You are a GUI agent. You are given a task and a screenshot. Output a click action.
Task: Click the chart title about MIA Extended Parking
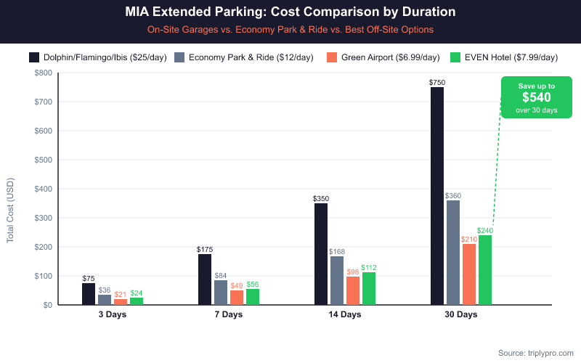coord(290,13)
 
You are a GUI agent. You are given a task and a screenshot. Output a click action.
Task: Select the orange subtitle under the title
coord(290,30)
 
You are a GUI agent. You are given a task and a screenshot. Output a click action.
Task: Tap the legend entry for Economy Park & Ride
coord(244,57)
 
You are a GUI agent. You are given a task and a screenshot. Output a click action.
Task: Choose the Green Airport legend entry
coord(383,57)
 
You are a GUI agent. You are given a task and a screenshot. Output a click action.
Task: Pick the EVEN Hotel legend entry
coord(505,57)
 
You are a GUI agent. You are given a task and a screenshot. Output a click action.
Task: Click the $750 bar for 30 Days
coord(437,196)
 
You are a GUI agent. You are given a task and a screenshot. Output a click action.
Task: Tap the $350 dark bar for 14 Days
coord(321,254)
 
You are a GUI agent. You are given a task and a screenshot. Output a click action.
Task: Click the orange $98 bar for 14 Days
coord(353,290)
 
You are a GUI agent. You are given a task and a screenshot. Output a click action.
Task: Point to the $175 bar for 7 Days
coord(205,280)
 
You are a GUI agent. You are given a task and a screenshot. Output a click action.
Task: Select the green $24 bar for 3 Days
coord(137,301)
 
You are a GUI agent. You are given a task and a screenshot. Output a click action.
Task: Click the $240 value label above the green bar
coord(485,230)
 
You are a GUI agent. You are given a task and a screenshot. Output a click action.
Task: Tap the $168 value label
coord(337,251)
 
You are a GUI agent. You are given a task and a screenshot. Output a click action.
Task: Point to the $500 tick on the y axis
coord(44,160)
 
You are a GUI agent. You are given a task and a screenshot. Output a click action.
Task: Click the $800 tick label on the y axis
coord(44,73)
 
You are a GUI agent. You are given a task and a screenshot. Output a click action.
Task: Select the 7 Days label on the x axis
coord(228,315)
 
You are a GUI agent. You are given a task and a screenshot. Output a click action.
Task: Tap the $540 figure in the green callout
coord(536,97)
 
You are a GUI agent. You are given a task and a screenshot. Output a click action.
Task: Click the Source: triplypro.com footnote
coord(535,353)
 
